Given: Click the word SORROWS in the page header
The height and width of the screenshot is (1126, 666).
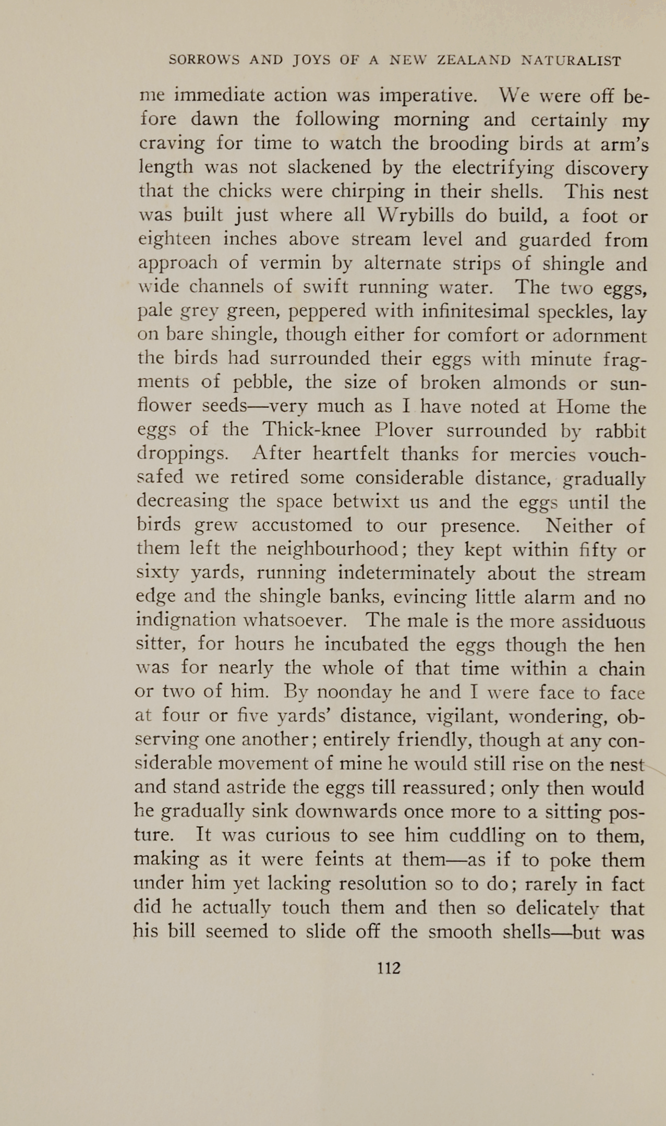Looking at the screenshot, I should (204, 61).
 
